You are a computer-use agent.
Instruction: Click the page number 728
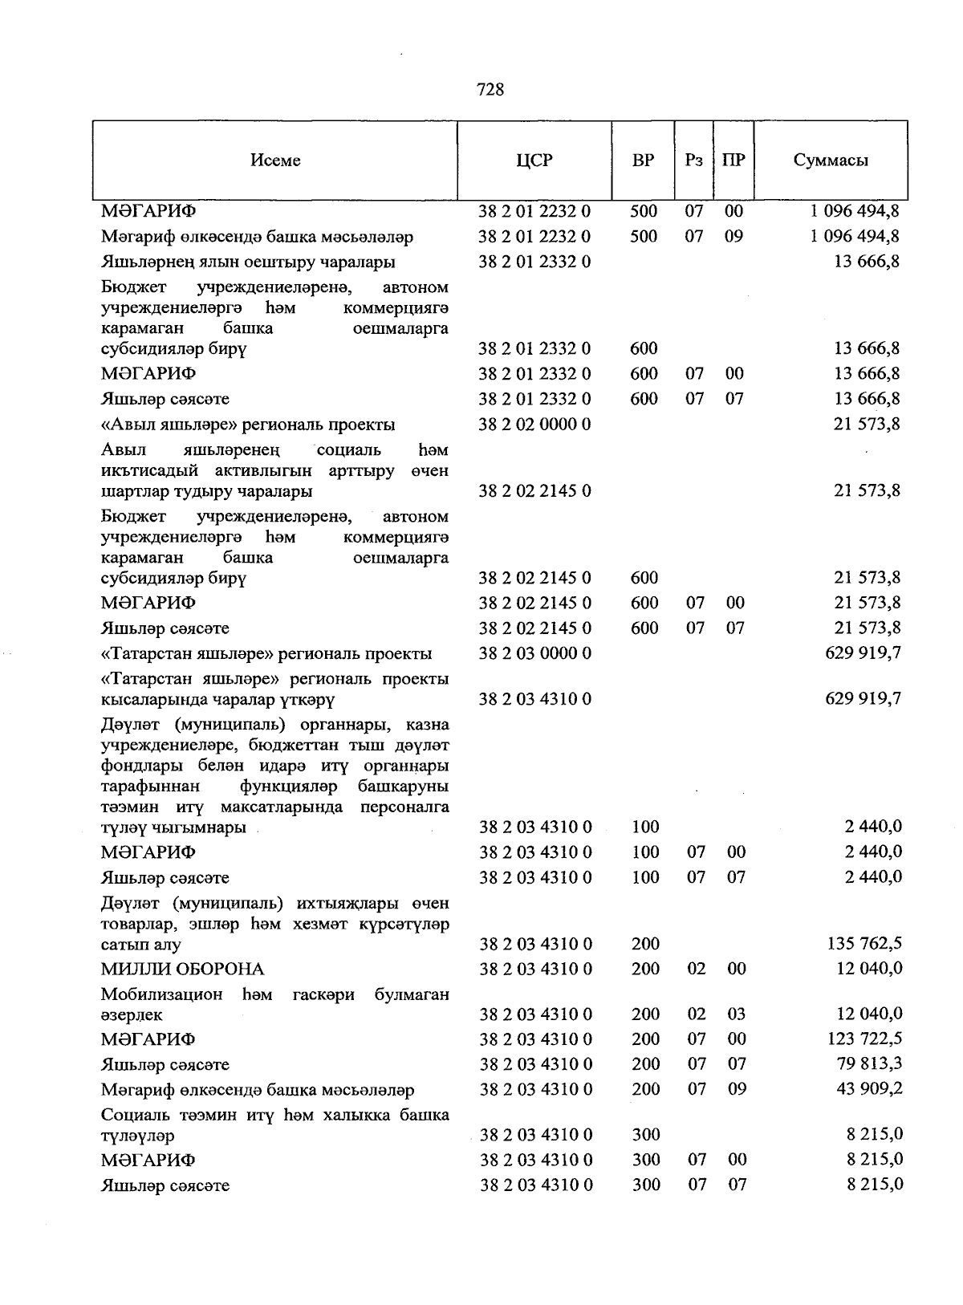490,89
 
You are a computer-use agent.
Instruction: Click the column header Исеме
275,160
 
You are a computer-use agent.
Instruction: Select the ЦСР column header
534,160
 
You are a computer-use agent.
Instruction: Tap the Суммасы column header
831,160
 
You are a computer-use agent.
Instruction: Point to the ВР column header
643,160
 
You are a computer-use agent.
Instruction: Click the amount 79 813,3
867,1063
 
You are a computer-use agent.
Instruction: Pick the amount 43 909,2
867,1089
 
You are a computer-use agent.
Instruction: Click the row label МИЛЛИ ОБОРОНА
182,969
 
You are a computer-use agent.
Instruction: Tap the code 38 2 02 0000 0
534,424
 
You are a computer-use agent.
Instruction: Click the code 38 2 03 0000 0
535,653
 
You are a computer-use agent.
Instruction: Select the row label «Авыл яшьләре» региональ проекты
248,425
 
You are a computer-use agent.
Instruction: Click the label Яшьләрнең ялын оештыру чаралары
248,262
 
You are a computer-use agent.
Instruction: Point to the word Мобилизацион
162,994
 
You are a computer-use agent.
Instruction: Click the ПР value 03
736,1014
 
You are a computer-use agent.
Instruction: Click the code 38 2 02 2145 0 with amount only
534,490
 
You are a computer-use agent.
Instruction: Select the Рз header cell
694,160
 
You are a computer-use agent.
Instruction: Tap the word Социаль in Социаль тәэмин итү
131,1115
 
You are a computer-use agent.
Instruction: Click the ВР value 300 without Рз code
645,1134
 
